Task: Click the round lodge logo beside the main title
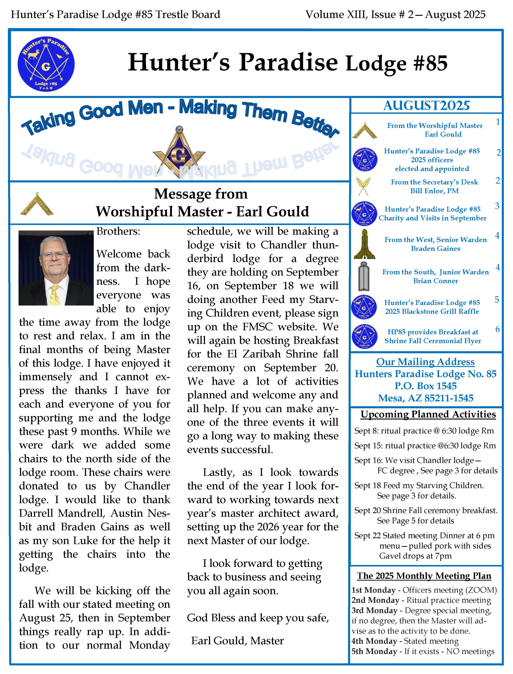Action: coord(46,64)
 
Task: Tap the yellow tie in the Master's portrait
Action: coord(55,294)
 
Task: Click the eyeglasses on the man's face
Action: coord(54,255)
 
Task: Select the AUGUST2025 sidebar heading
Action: coord(426,106)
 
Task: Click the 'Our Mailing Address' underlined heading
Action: coord(425,361)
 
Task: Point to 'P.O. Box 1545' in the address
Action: coord(425,386)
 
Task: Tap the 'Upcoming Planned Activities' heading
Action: coord(428,414)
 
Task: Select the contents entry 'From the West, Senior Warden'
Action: coord(435,240)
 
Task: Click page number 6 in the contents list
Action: coord(497,329)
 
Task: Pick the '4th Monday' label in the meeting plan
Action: coord(374,641)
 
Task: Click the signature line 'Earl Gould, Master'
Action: coord(237,640)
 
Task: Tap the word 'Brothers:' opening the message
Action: coord(118,231)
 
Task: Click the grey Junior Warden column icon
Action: coord(363,276)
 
